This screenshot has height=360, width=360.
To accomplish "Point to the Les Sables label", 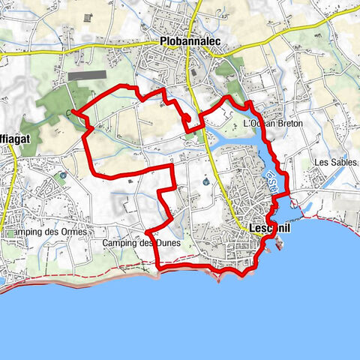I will click(332, 161).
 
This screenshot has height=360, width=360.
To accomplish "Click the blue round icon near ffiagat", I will click(63, 175).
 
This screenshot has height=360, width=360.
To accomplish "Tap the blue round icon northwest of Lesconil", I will click(205, 181).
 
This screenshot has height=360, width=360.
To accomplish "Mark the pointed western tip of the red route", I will click(73, 112).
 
